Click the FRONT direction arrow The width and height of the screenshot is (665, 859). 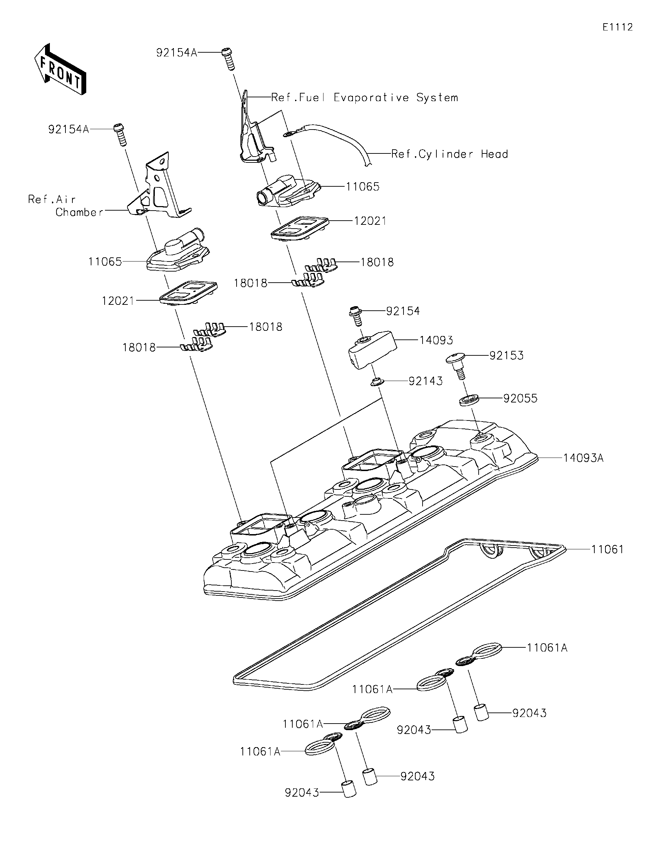tap(60, 69)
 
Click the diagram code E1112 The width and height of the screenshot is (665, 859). tap(618, 27)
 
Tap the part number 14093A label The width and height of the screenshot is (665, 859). tap(583, 458)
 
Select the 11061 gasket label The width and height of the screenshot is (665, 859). tap(607, 549)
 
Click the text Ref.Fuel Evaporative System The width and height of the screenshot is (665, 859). tap(365, 98)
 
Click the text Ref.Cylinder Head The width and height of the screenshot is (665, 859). tap(450, 154)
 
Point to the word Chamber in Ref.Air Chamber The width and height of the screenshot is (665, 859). tap(79, 212)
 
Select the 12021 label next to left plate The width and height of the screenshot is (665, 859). tap(118, 301)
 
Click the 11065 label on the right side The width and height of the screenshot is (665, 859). tap(363, 186)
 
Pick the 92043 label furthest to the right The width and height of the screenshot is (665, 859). tap(529, 713)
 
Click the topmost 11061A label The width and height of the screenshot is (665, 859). tap(547, 648)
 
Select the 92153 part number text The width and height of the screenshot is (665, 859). tap(506, 356)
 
